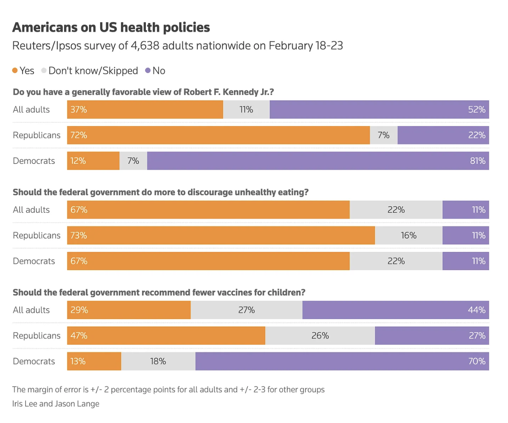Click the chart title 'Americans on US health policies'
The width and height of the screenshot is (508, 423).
111,28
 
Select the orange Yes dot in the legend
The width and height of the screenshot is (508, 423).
15,71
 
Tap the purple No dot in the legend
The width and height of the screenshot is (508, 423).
148,71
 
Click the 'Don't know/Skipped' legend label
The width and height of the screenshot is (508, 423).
93,71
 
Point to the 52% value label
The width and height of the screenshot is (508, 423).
477,110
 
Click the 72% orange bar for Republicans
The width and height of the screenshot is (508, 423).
218,135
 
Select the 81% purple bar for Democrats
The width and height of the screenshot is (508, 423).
318,161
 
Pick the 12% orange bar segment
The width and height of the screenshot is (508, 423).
93,161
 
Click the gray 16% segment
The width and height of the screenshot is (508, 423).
409,235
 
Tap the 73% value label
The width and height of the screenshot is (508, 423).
79,235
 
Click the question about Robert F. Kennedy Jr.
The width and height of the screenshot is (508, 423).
143,92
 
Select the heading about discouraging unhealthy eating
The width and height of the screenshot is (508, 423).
160,192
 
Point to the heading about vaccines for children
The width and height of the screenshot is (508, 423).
159,292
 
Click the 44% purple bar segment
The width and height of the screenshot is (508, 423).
395,310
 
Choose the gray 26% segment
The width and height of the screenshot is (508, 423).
320,336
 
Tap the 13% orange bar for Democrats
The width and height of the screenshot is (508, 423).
94,361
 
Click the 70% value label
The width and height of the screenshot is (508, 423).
477,361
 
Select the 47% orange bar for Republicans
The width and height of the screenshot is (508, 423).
166,336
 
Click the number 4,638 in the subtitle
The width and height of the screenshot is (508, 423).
145,46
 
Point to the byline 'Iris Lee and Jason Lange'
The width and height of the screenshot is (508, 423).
56,404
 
